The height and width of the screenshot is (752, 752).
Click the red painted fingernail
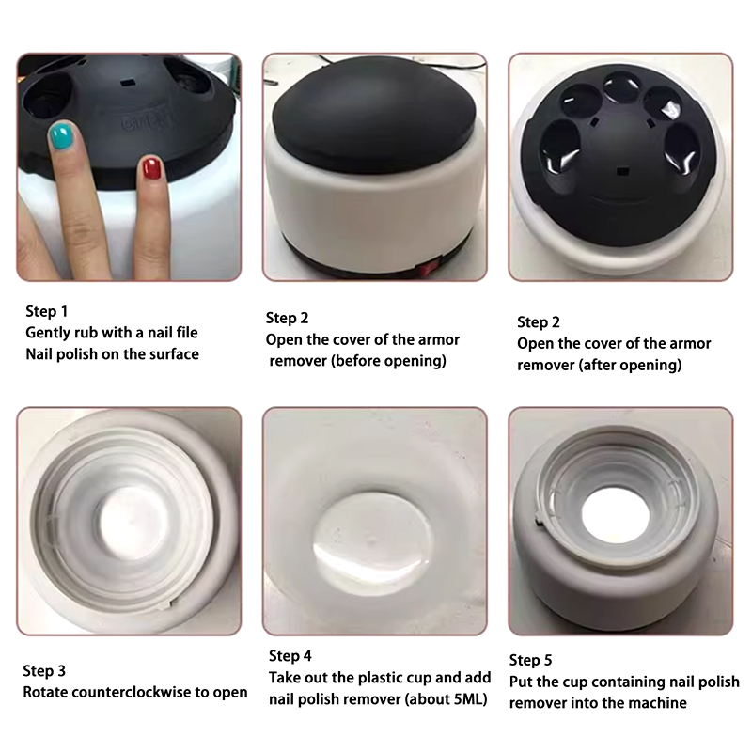coord(151,168)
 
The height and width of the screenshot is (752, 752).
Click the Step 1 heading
coord(46,311)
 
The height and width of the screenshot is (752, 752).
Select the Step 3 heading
coord(44,670)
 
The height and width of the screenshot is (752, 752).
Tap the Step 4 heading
coord(290,655)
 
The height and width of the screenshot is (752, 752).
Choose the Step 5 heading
coord(530,660)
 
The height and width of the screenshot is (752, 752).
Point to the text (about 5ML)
coord(446,699)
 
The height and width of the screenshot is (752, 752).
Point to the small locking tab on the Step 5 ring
coord(540,520)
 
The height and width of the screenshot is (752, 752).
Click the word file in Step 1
coord(186,333)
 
